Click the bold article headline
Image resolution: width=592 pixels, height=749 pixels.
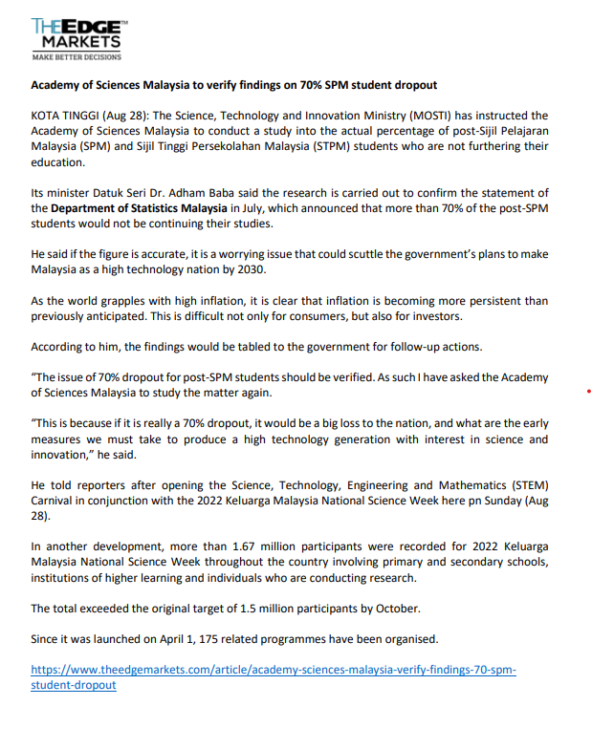click(233, 85)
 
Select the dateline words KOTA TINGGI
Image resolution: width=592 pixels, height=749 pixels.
click(64, 116)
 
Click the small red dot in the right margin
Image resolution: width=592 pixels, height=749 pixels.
click(587, 391)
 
